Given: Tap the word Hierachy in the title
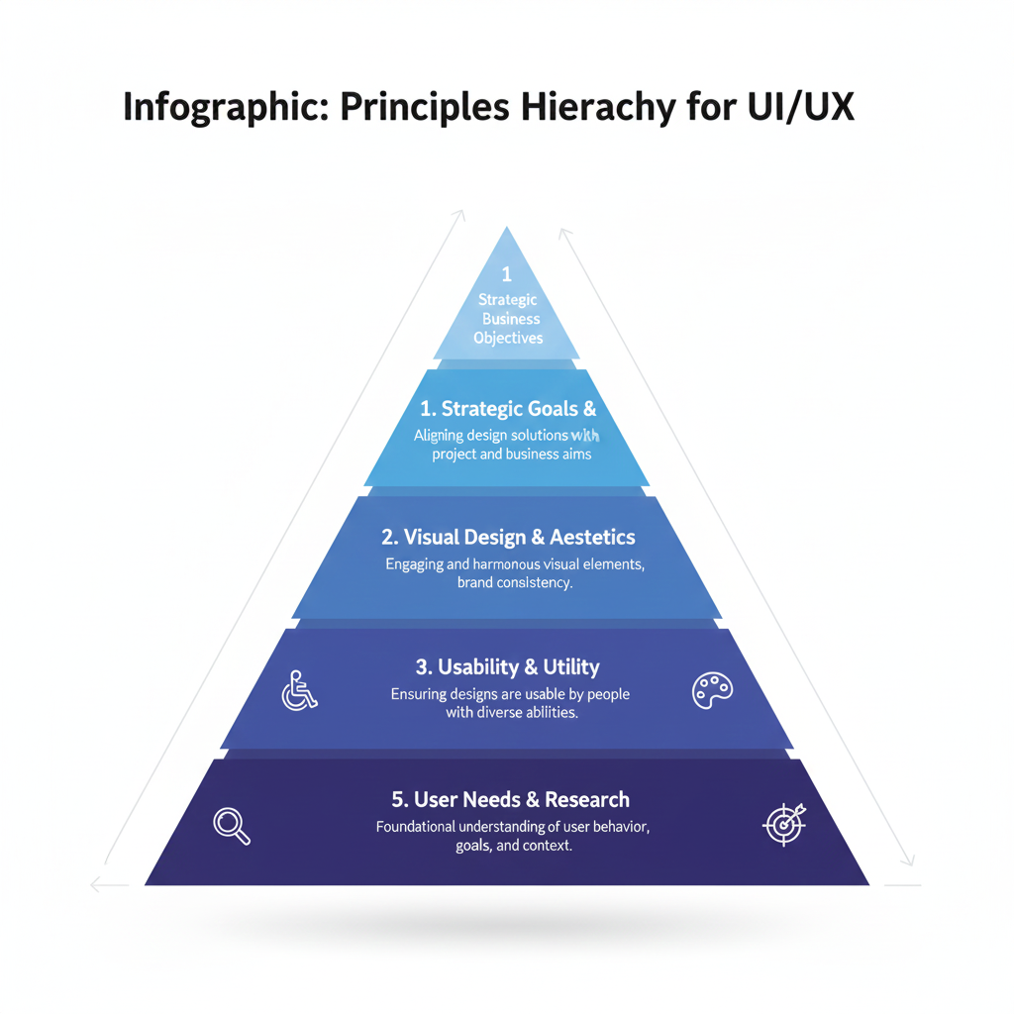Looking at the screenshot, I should click(x=605, y=107).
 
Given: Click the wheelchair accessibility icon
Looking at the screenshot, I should click(x=299, y=690).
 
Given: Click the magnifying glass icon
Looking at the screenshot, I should click(x=232, y=825).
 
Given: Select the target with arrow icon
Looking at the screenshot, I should click(x=785, y=823).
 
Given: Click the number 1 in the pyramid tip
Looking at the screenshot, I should click(x=507, y=273).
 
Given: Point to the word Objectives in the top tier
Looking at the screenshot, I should click(x=508, y=338).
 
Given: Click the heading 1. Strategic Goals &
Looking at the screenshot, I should click(x=508, y=409).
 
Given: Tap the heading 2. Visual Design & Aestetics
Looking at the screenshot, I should click(x=508, y=538).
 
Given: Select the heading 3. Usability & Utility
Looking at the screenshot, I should click(x=508, y=667).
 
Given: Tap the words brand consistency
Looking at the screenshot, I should click(x=514, y=583).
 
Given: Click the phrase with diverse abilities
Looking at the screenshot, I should click(x=512, y=712).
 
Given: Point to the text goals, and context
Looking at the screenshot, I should click(x=514, y=847).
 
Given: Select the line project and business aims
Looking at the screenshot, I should click(x=511, y=455).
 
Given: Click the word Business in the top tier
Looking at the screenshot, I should click(x=511, y=319).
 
